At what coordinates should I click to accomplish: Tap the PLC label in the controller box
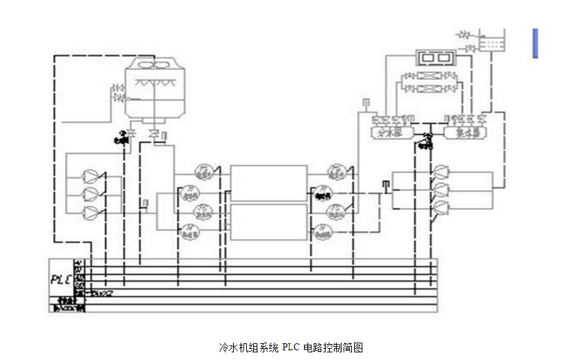(x=61, y=279)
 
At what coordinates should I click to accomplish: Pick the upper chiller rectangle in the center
(x=268, y=183)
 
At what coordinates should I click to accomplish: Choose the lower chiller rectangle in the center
(x=268, y=221)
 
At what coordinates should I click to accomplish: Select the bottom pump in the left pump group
(x=91, y=211)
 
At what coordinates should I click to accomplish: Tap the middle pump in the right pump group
(x=441, y=188)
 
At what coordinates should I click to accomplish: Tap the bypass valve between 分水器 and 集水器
(x=425, y=140)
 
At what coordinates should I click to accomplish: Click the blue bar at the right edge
(x=535, y=42)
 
